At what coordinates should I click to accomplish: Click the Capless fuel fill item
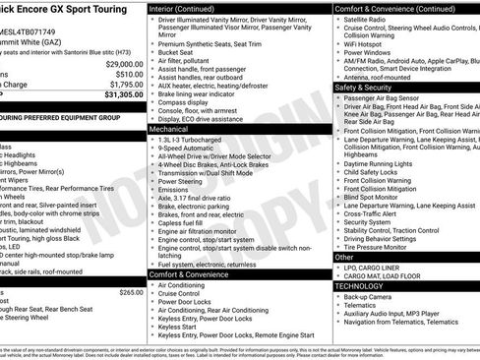tap(182, 222)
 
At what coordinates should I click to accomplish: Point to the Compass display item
tap(183, 100)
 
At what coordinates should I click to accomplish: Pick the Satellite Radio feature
tap(368, 19)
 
